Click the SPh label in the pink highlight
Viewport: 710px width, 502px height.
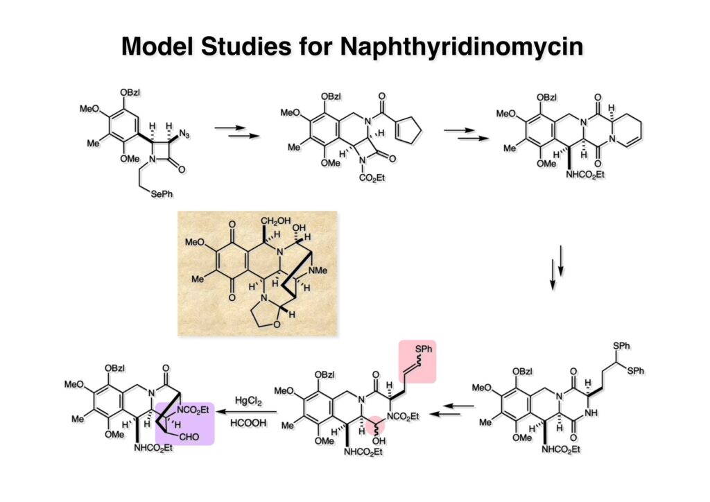tap(419, 347)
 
